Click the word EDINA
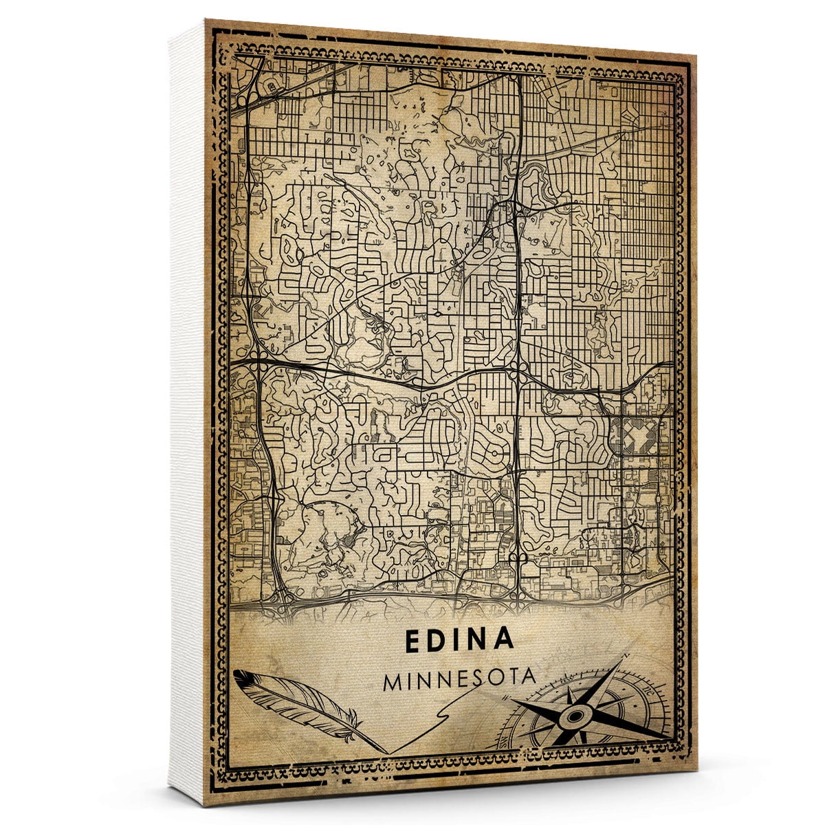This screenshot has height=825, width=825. click(x=459, y=639)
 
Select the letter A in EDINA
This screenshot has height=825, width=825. click(x=504, y=639)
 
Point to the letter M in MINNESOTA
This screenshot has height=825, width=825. click(x=395, y=682)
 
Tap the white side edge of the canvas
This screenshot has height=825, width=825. click(x=186, y=412)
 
